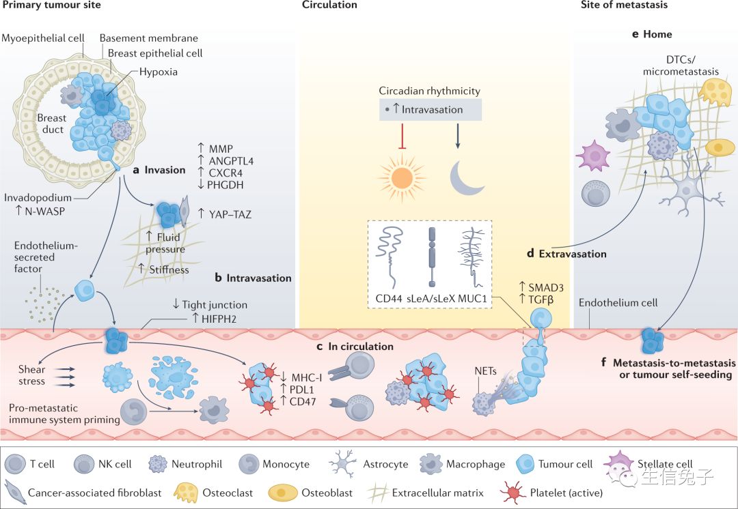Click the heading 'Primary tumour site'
[52, 5]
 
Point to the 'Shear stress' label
[32, 375]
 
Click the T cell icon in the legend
[15, 464]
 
